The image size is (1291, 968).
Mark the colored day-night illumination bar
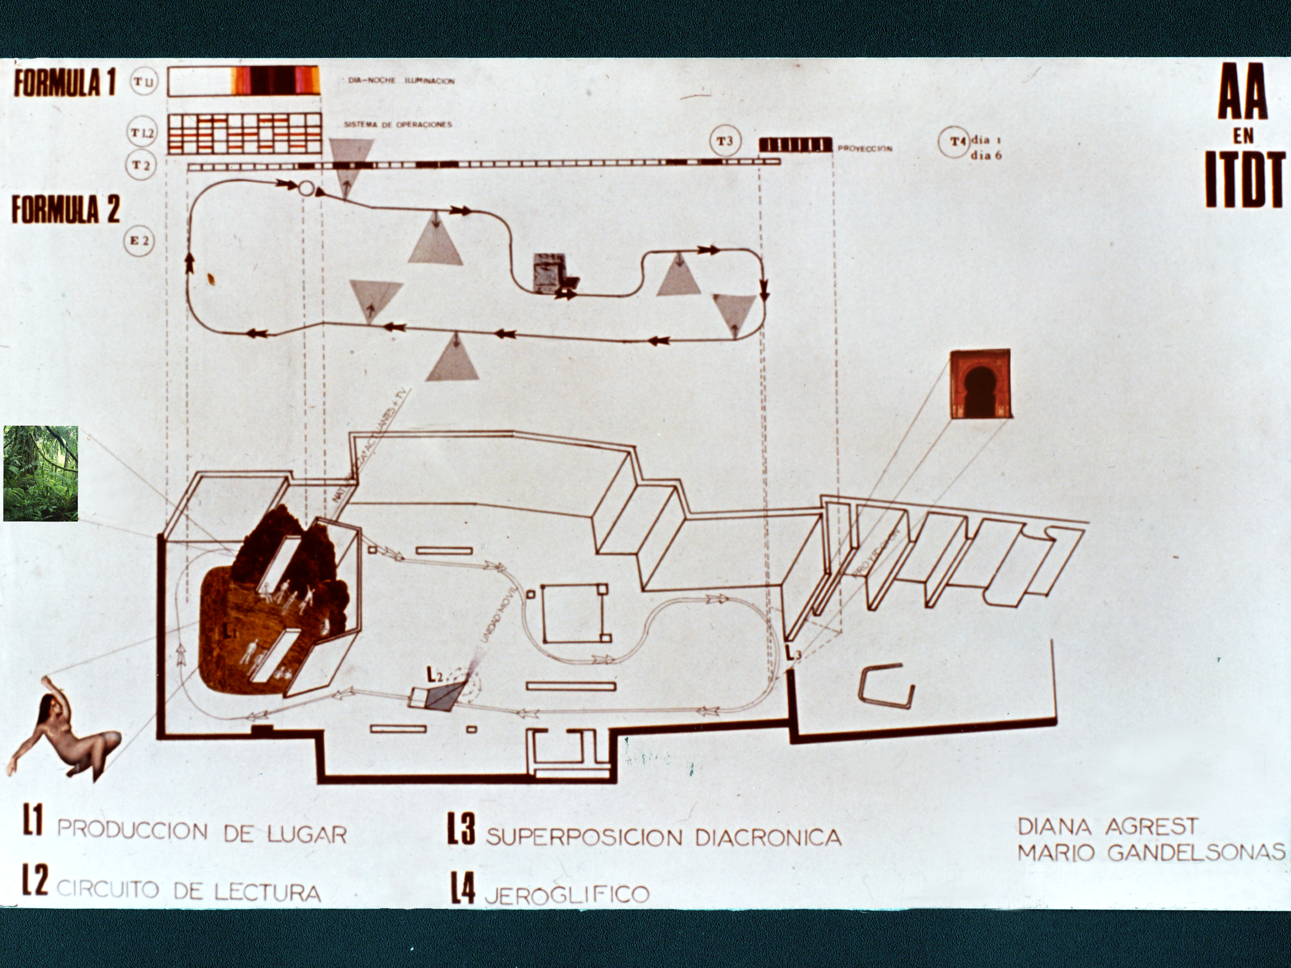click(x=244, y=81)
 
